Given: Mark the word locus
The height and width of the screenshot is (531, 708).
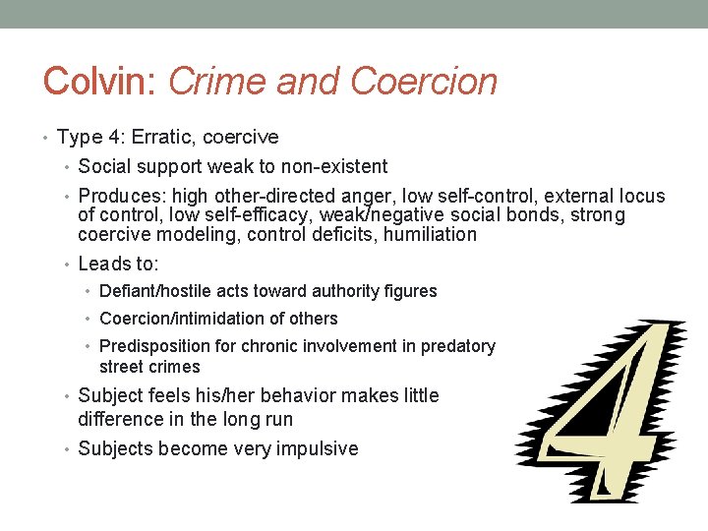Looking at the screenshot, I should click(639, 196).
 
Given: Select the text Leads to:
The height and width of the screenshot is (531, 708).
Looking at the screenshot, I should click(118, 264).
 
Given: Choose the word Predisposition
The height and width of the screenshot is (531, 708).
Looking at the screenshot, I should click(155, 346).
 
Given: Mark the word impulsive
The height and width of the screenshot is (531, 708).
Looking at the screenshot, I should click(315, 449).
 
